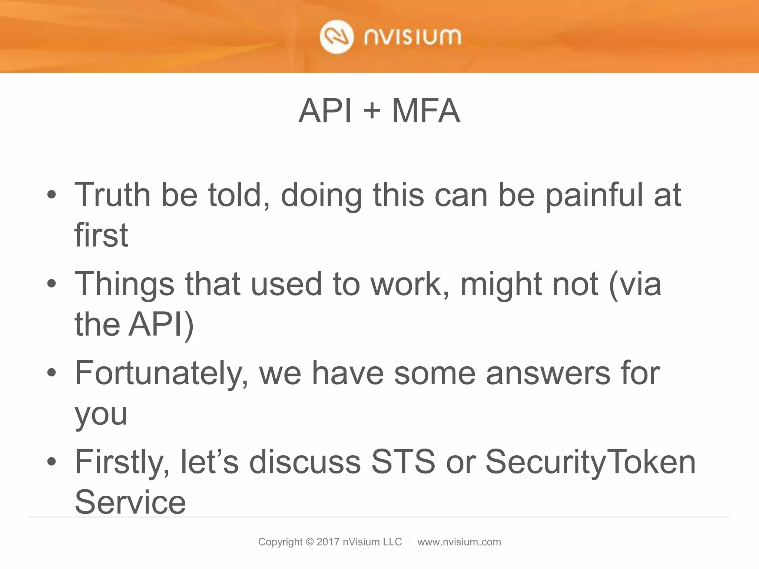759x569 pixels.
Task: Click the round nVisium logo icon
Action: click(x=337, y=37)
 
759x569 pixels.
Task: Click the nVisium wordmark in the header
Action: click(x=412, y=37)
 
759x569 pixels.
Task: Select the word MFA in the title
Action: click(x=426, y=111)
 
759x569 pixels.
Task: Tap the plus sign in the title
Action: click(x=372, y=112)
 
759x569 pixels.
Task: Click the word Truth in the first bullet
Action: click(x=112, y=195)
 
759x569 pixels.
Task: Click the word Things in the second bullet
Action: click(x=125, y=284)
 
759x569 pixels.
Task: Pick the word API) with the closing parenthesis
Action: click(x=161, y=325)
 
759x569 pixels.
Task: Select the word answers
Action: click(x=548, y=373)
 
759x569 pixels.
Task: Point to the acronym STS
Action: click(x=403, y=462)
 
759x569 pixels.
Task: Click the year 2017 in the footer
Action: click(x=328, y=542)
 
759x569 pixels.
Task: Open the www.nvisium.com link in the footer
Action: click(x=459, y=542)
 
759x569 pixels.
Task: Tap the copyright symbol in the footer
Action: click(x=310, y=542)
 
